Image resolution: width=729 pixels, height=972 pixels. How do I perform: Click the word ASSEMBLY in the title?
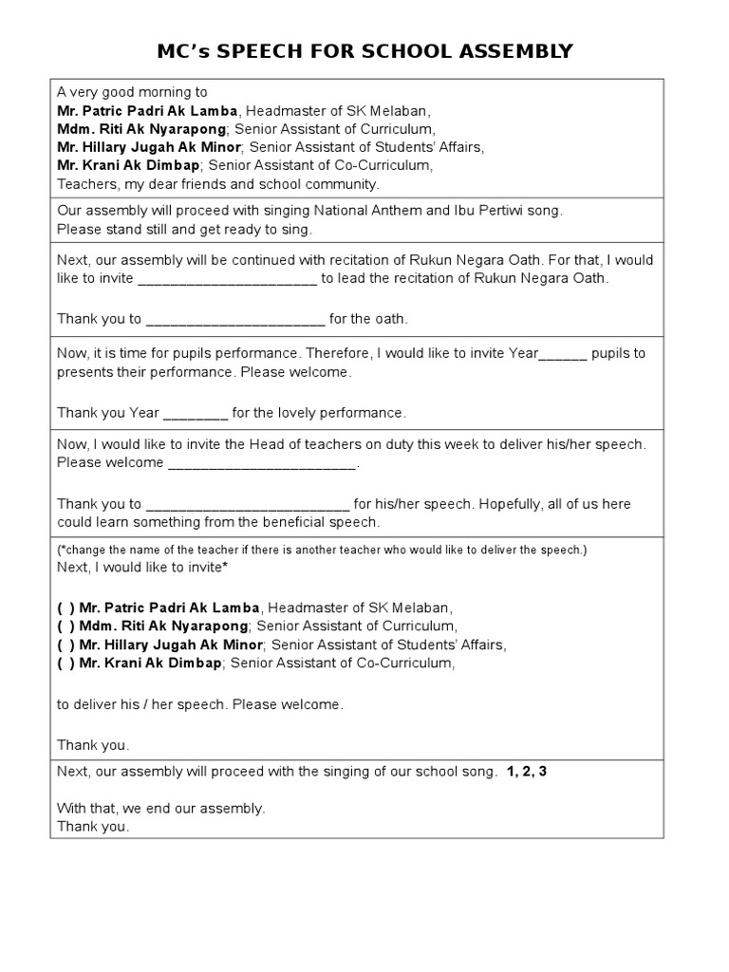(514, 50)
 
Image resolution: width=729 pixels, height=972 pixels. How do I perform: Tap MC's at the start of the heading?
(183, 50)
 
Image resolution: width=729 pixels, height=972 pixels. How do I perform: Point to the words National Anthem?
(370, 211)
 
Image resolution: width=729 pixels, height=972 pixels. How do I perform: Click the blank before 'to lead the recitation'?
(228, 278)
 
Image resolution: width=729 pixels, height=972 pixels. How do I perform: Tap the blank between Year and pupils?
(565, 353)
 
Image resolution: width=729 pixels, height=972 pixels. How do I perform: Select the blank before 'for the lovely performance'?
(196, 413)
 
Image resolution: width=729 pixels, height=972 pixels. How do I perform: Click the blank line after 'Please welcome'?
(262, 463)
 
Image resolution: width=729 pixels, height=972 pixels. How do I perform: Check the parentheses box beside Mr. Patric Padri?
(65, 607)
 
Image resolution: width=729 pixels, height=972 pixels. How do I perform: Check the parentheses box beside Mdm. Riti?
(65, 626)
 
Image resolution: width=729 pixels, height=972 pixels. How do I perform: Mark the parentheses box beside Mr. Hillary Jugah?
(65, 645)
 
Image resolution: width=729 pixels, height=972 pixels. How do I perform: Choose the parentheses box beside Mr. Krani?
(65, 664)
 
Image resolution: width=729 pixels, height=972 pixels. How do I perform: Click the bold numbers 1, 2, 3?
(527, 772)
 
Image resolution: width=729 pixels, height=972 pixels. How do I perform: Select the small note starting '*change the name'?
(322, 550)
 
